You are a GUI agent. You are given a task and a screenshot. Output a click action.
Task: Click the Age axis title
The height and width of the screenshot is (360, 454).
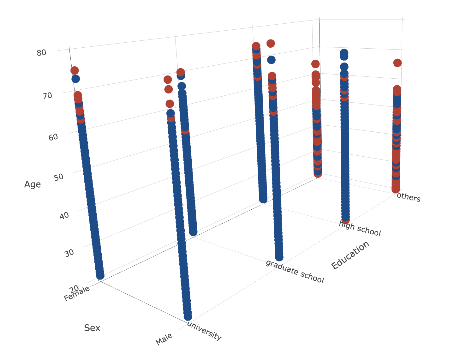click(33, 184)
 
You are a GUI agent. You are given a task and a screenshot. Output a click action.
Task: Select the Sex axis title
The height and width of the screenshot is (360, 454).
click(92, 328)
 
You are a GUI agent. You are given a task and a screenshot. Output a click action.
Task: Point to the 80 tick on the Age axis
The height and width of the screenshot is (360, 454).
click(41, 52)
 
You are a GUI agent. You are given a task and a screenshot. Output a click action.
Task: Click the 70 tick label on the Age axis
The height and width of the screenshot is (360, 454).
click(47, 95)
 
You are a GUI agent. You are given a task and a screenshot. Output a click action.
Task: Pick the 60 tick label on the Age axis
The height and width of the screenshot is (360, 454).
click(53, 137)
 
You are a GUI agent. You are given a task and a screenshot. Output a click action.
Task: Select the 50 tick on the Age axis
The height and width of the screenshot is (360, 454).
click(59, 177)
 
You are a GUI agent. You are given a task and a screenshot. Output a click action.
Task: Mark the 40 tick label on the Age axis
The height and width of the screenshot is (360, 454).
click(64, 215)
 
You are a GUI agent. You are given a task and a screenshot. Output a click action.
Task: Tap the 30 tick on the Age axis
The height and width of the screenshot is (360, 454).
click(69, 252)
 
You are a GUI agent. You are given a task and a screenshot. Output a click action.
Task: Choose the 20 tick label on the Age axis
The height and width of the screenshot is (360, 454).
click(75, 288)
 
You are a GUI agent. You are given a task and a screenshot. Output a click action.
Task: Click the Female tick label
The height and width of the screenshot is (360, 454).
click(77, 294)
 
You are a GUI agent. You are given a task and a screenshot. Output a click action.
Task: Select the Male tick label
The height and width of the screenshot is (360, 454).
click(164, 339)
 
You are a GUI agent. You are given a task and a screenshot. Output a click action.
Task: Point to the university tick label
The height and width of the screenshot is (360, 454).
click(204, 331)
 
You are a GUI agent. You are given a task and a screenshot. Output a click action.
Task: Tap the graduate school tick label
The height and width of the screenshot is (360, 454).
click(295, 272)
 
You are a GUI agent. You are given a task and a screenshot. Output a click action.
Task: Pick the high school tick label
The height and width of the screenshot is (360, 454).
click(360, 229)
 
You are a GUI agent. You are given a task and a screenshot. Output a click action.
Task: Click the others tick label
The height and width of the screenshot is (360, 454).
click(409, 197)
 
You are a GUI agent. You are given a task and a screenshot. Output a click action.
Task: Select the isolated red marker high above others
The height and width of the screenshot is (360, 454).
click(397, 63)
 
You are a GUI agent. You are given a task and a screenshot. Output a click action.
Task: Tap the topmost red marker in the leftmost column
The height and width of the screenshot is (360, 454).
click(75, 70)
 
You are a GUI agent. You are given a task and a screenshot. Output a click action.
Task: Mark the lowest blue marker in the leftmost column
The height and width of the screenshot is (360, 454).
click(100, 276)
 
